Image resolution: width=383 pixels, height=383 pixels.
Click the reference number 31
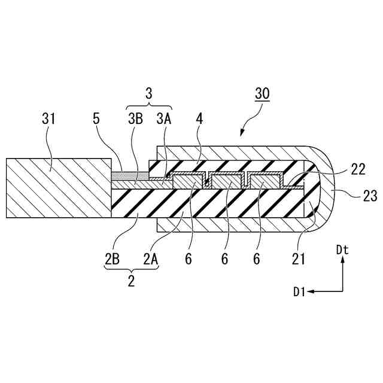(49, 119)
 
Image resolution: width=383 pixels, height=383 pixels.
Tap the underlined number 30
(262, 94)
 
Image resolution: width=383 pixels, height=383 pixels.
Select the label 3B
(135, 119)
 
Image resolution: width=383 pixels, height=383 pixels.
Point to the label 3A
(163, 119)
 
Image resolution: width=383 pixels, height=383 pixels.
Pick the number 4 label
(199, 119)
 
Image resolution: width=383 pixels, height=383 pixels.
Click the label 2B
(113, 259)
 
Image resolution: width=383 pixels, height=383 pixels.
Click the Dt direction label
(342, 251)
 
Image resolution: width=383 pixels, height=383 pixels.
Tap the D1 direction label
(300, 291)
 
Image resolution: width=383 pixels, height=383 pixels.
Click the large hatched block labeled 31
(58, 187)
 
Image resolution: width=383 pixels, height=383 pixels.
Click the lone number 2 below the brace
(131, 280)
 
